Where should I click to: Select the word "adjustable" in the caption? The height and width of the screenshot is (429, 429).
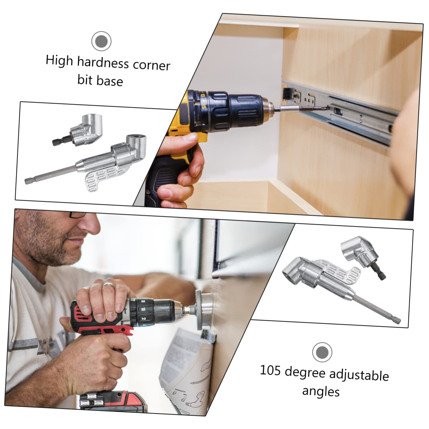(359, 375)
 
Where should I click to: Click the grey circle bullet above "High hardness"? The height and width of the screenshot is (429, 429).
(101, 41)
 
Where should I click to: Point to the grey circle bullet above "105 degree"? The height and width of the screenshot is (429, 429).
(322, 352)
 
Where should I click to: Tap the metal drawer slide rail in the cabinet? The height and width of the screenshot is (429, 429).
(357, 112)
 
